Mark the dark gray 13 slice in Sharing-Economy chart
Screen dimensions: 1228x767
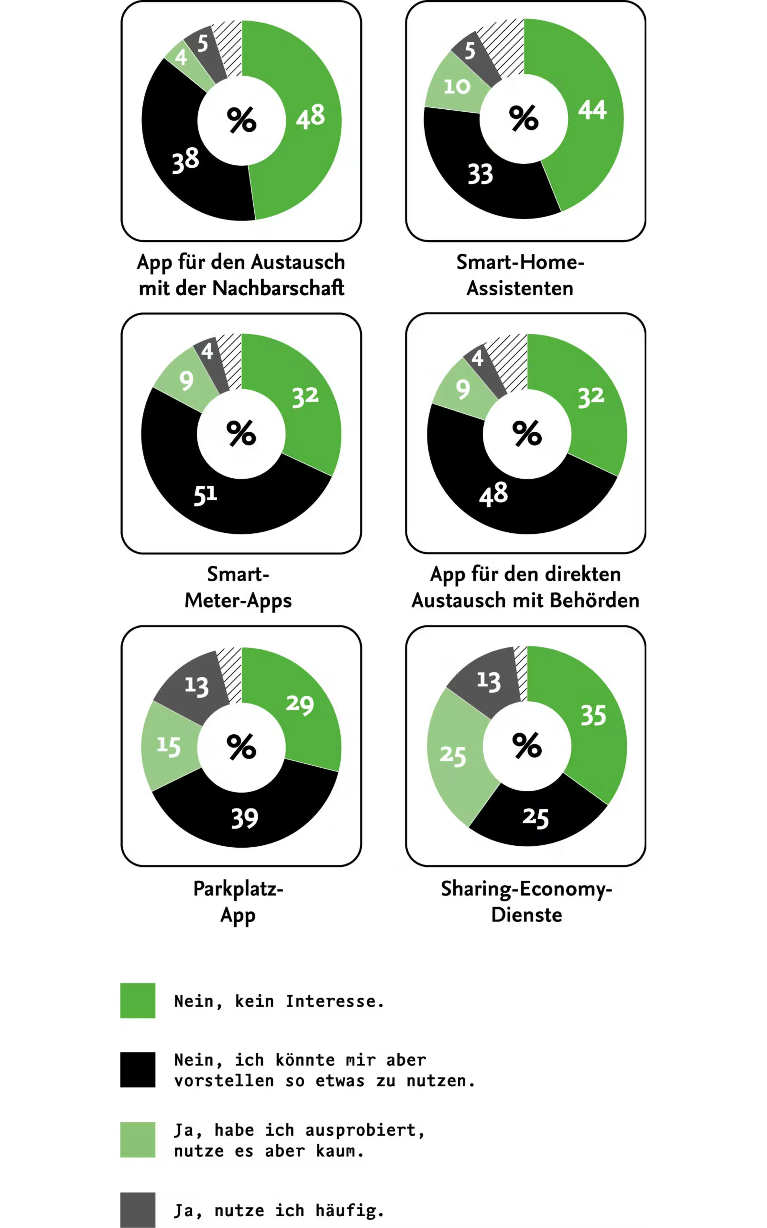(487, 680)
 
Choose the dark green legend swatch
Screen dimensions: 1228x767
(137, 1001)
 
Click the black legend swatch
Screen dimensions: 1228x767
(137, 1070)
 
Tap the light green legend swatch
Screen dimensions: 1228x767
(137, 1140)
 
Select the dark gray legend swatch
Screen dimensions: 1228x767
(137, 1210)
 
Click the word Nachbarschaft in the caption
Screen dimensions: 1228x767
(278, 288)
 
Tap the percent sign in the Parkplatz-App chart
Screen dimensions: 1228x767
(241, 747)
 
